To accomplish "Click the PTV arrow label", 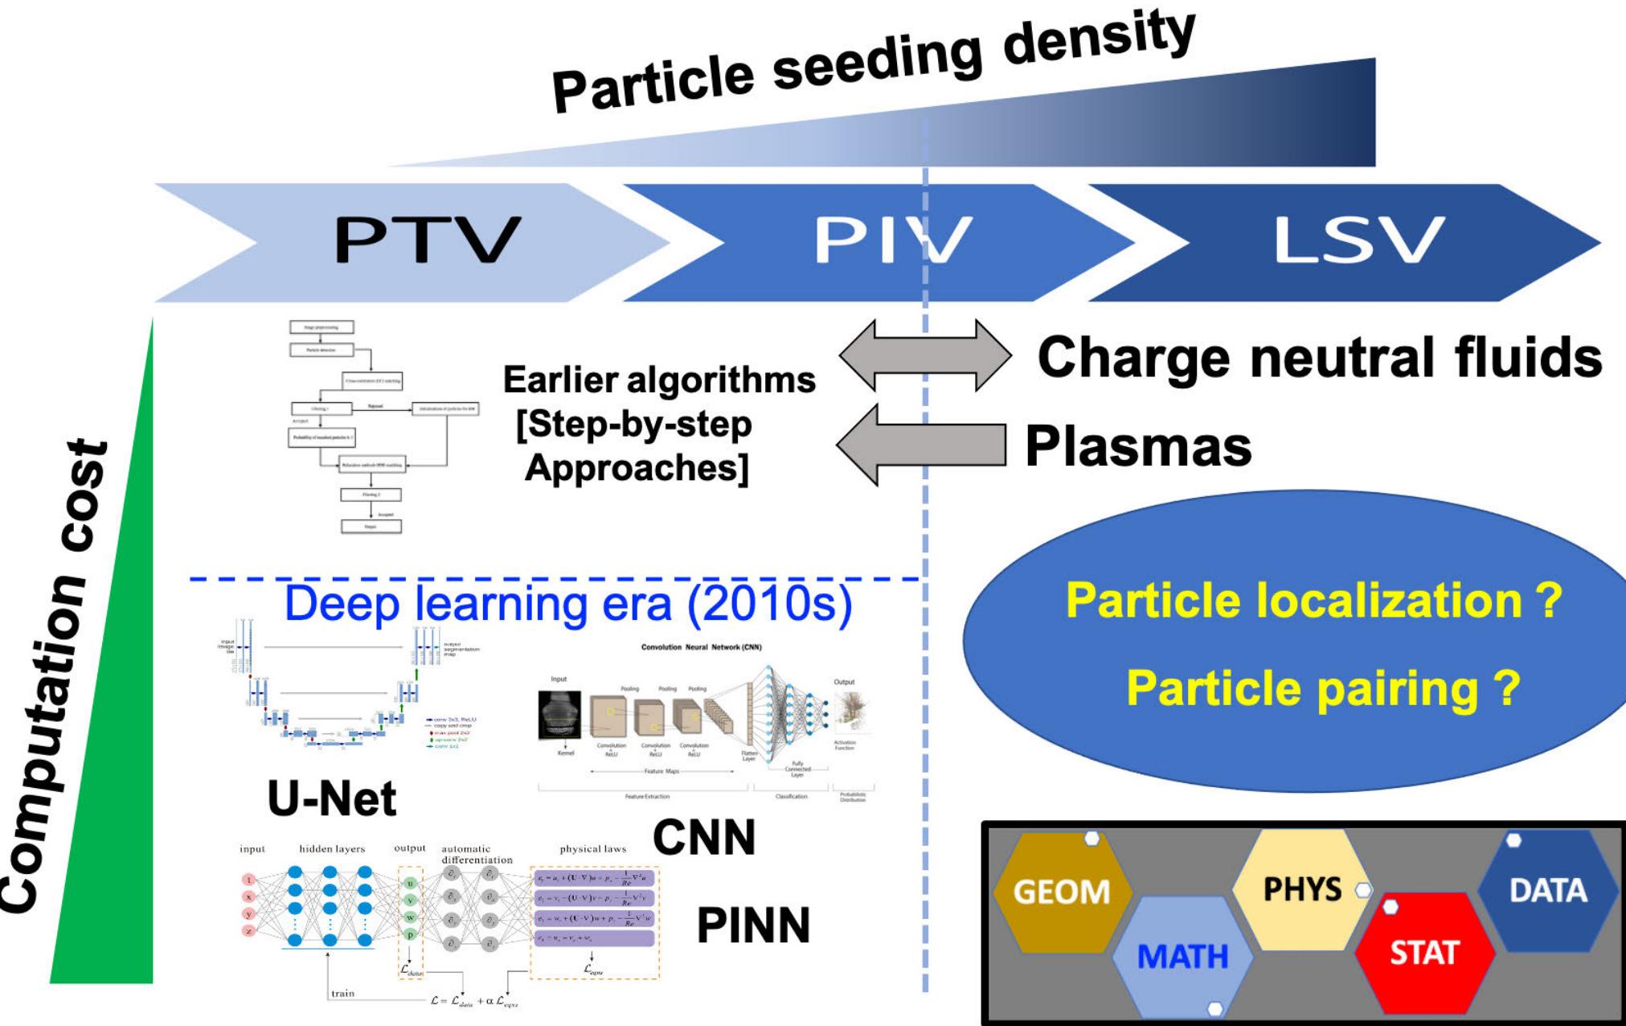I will coord(428,240).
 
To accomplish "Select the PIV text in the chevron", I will coord(892,240).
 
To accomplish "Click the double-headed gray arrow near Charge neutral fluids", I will coord(924,354).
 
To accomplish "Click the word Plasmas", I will coord(1137,446).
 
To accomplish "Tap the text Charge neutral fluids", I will coord(1318,356).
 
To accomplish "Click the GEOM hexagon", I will coord(1061,892).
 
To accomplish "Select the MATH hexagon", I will coord(1182,956).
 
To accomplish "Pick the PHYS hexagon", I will coord(1302,889).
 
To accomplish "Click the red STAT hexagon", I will coord(1423,953).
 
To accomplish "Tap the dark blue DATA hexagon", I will coord(1548,890).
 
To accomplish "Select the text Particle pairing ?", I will coord(1322,688).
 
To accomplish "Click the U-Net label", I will coord(332,798).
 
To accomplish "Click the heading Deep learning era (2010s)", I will coord(567,605).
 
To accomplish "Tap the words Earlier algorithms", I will coord(659,380).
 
